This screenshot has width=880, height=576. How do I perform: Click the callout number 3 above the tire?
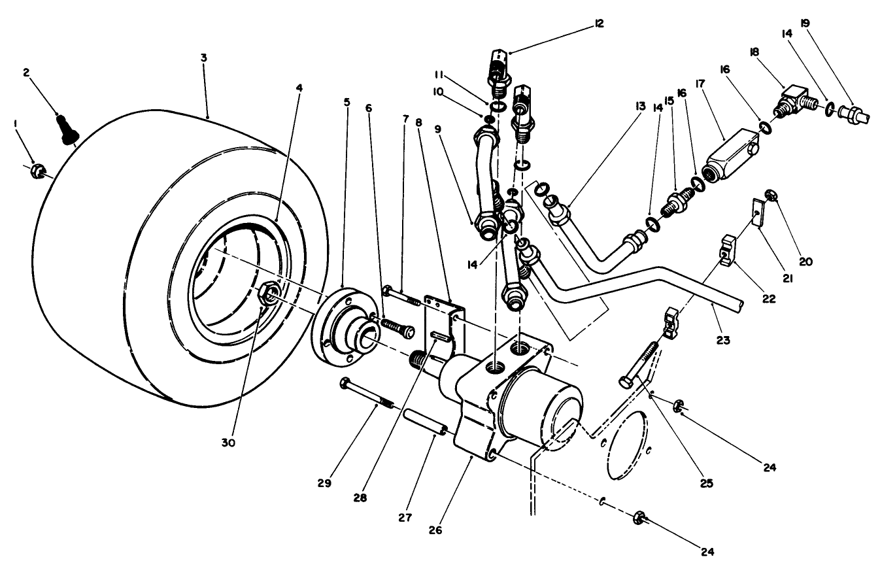pyautogui.click(x=203, y=58)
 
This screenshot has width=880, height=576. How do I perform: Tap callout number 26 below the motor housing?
pyautogui.click(x=435, y=530)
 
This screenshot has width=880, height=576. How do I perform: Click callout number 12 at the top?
pyautogui.click(x=599, y=24)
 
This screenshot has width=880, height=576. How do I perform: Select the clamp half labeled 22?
pyautogui.click(x=730, y=249)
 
